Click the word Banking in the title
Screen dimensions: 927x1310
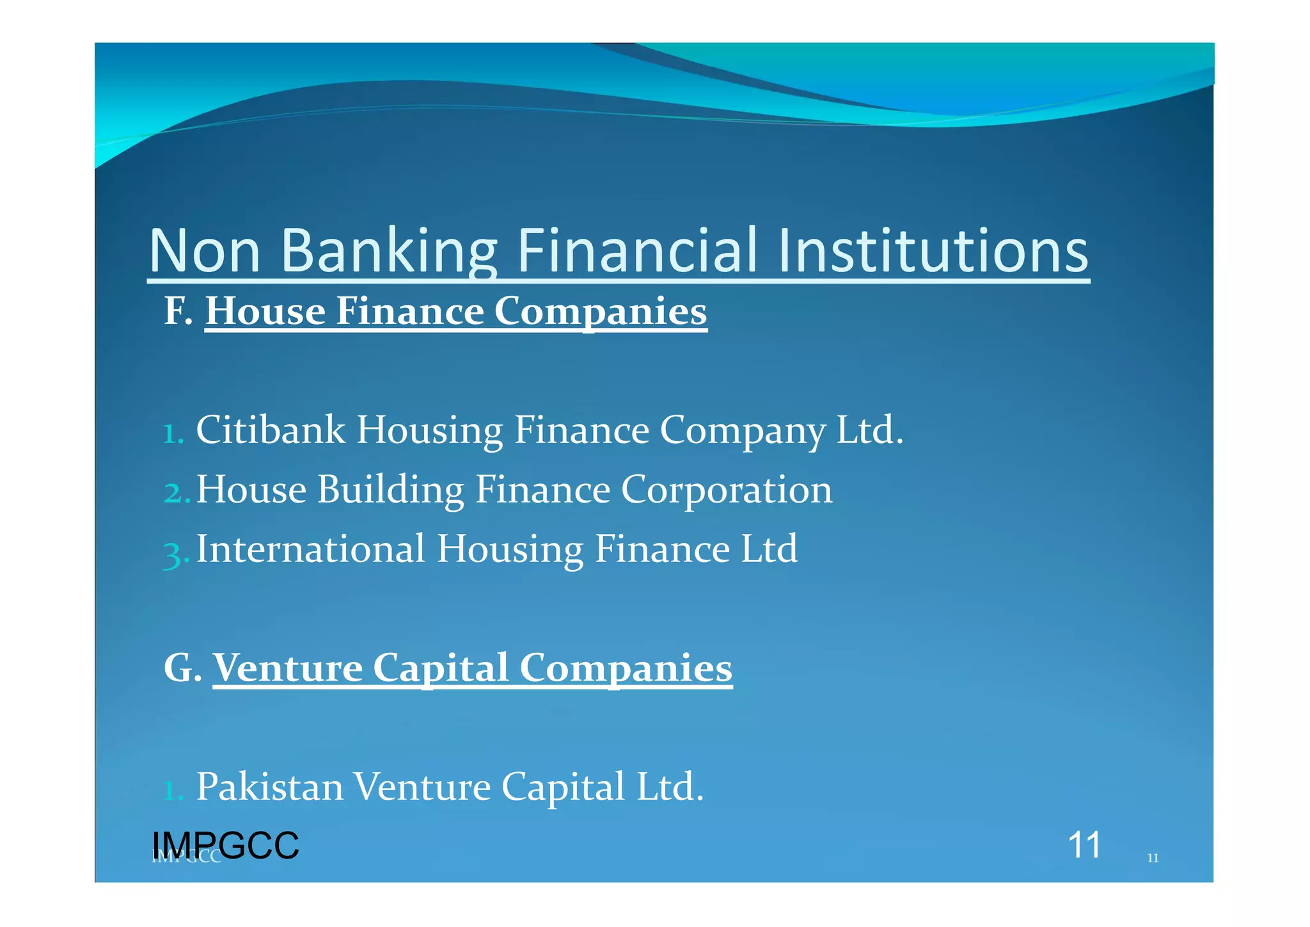tap(389, 250)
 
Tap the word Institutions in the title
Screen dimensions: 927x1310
tap(933, 250)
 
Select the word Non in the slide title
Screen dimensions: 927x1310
tap(205, 250)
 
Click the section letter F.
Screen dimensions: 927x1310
tap(177, 311)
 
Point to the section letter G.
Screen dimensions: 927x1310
tap(182, 668)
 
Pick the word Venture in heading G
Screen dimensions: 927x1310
tap(287, 668)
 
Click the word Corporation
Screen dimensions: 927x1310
tap(727, 490)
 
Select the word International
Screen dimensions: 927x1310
tap(311, 549)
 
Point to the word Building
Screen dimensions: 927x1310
tap(390, 490)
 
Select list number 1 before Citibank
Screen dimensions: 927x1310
tap(173, 433)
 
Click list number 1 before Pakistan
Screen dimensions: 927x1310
tap(173, 790)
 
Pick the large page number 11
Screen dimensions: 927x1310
tap(1084, 845)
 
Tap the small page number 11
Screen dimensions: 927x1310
tap(1153, 858)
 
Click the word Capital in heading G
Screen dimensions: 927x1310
tap(440, 668)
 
